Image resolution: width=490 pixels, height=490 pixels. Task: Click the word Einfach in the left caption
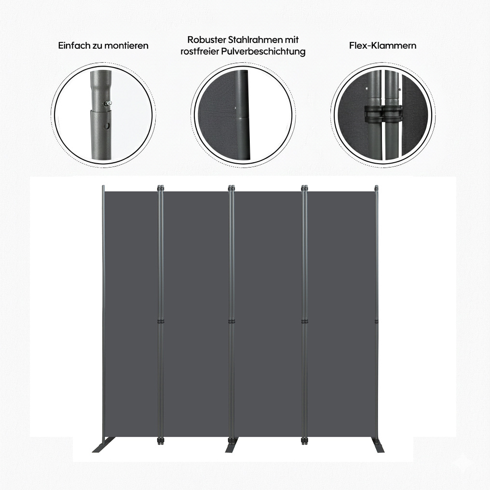[x=74, y=46]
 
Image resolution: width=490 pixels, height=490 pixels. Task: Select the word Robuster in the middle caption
[x=206, y=40]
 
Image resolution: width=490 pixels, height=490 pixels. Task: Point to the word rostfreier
[x=200, y=51]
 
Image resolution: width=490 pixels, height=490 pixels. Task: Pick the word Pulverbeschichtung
[x=263, y=52]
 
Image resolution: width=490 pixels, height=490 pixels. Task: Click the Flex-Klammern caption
[x=382, y=46]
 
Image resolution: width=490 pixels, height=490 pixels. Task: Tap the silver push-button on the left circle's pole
[x=108, y=103]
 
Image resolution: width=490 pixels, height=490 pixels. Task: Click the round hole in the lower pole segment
[x=107, y=126]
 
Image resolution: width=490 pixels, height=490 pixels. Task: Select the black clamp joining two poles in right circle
[x=383, y=113]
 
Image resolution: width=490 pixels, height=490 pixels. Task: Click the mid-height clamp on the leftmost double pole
[x=160, y=322]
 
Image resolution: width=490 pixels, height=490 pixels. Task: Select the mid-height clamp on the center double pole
[x=231, y=322]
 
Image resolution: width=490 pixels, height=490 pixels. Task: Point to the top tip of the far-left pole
[x=103, y=186]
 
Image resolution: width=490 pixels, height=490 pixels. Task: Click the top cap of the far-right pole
[x=376, y=187]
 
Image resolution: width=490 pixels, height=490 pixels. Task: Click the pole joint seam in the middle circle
[x=242, y=116]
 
